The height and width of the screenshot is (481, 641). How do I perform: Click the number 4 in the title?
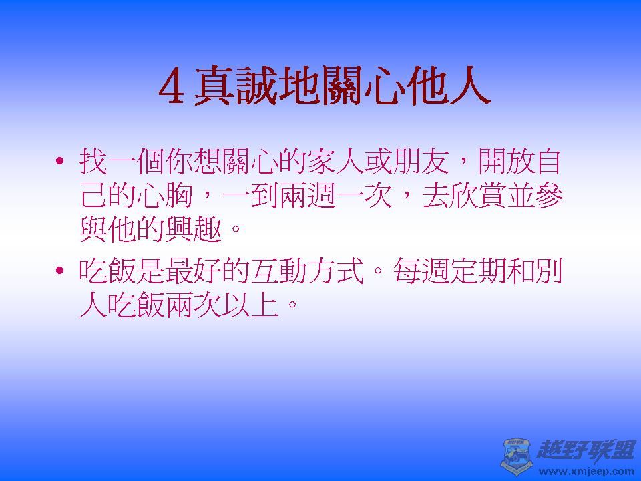(x=172, y=88)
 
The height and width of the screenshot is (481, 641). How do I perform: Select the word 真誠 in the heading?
(x=234, y=88)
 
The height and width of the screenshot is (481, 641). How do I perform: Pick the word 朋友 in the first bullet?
(x=414, y=162)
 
